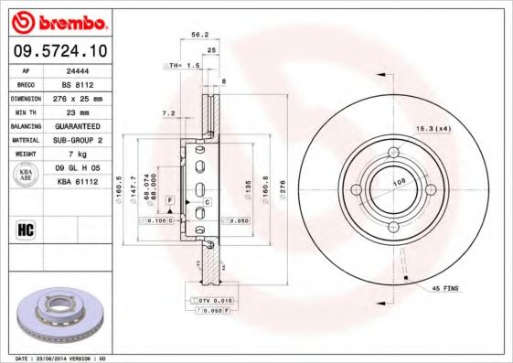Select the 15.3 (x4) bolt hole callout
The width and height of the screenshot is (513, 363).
433,127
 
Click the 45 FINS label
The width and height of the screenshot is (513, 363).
447,288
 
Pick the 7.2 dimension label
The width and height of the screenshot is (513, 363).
168,112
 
